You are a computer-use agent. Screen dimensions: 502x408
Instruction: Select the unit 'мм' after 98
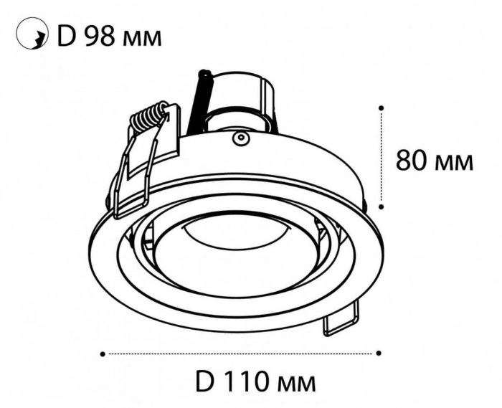(142, 39)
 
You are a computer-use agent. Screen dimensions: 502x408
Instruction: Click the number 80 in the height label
(412, 160)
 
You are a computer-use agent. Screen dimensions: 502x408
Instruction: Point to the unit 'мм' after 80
(455, 163)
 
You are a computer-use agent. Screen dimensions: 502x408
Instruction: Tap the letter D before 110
(205, 381)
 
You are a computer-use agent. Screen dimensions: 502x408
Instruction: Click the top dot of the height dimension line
(381, 108)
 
